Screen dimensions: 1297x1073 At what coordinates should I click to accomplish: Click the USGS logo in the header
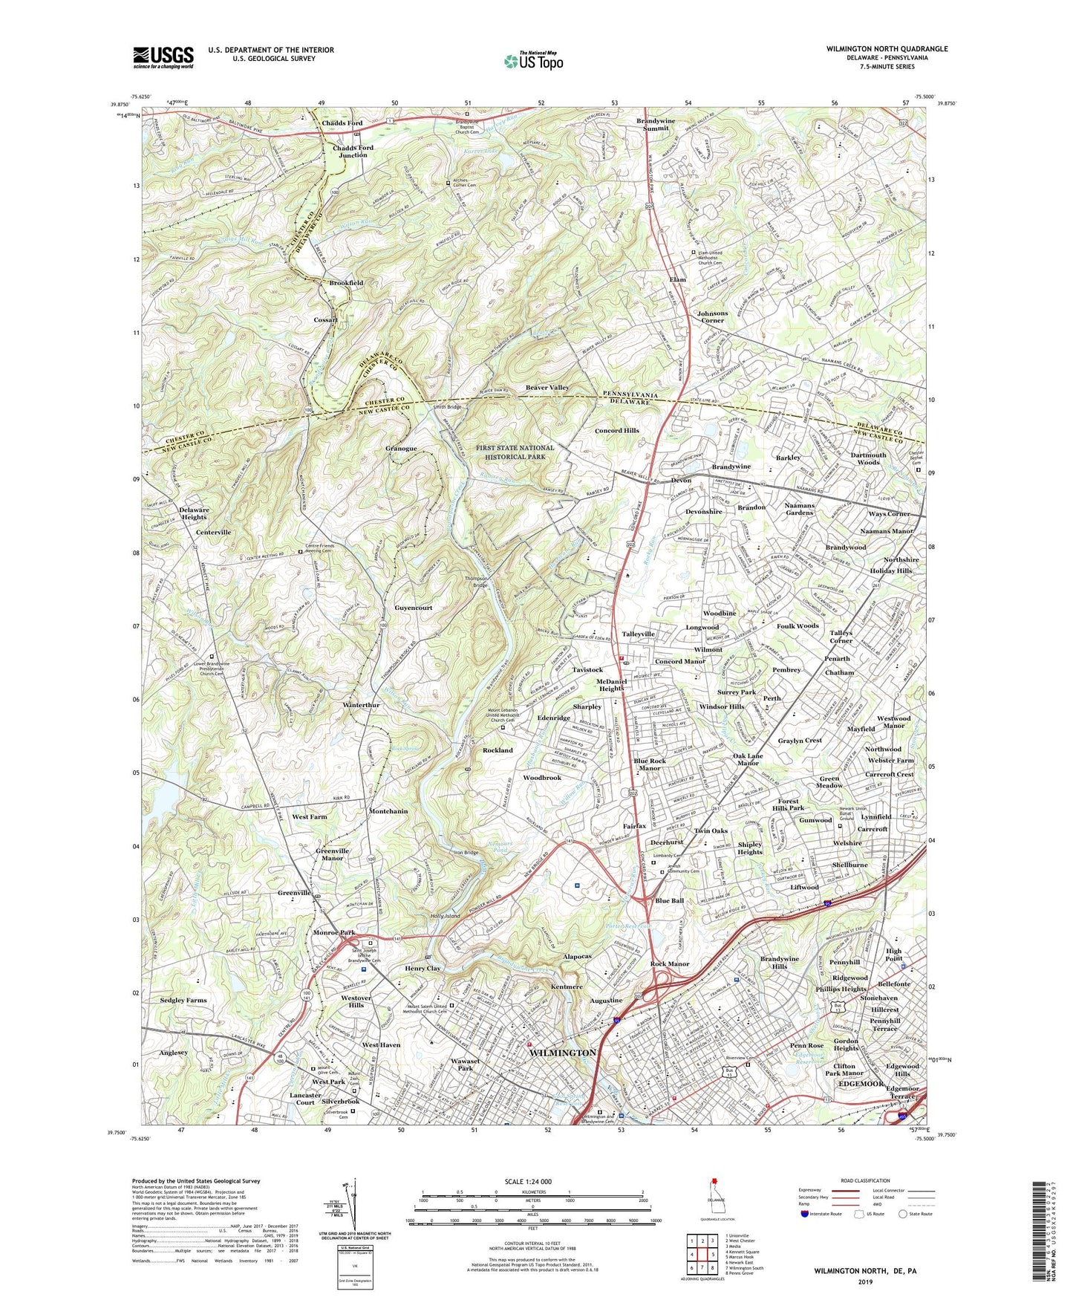click(163, 56)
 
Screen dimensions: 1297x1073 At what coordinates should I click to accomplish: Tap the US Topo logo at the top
click(532, 60)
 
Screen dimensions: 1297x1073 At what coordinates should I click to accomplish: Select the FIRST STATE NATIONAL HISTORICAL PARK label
click(515, 452)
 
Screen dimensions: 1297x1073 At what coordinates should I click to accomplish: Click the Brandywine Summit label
click(653, 124)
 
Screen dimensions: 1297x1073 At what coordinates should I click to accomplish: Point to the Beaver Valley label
click(547, 388)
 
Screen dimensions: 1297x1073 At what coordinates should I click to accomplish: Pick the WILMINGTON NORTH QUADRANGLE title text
click(887, 49)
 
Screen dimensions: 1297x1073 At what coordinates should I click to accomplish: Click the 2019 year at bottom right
click(865, 1282)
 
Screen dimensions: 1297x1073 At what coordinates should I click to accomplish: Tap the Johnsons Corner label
click(712, 317)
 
